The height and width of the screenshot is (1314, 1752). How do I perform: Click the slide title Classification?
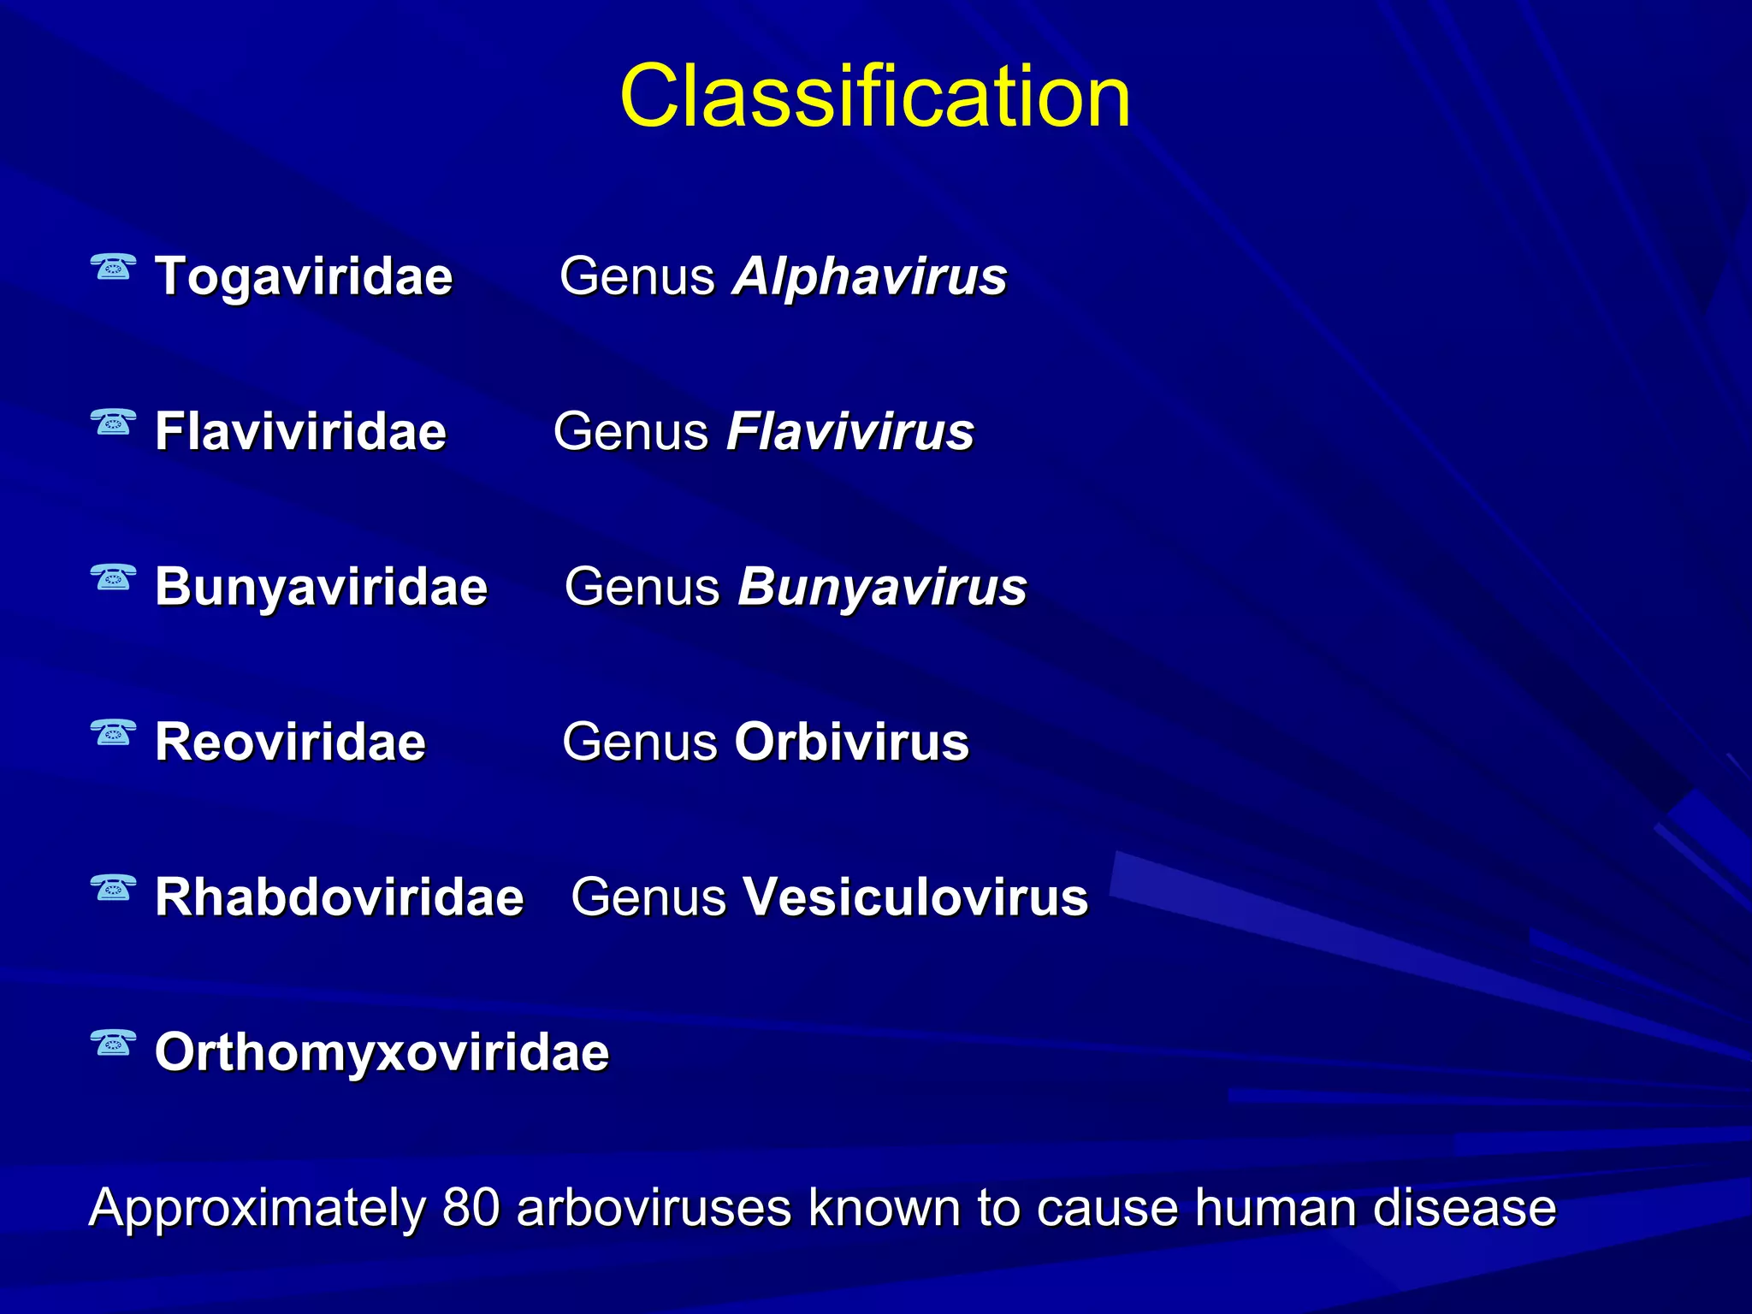click(x=874, y=96)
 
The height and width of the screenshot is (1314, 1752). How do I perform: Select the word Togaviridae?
click(x=304, y=276)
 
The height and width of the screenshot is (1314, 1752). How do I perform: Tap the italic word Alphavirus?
click(x=869, y=276)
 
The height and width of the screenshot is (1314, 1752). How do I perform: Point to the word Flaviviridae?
click(x=300, y=431)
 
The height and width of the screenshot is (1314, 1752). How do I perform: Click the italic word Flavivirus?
click(x=849, y=431)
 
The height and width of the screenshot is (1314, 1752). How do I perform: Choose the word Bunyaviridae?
click(x=321, y=587)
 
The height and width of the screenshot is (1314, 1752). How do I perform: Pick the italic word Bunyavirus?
click(x=882, y=587)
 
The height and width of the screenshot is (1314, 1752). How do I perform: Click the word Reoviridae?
click(x=290, y=742)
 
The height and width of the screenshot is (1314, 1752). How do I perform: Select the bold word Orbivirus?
click(x=851, y=742)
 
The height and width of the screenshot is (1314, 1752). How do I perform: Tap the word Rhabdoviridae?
click(x=339, y=897)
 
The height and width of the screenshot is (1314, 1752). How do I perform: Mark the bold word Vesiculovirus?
click(x=914, y=897)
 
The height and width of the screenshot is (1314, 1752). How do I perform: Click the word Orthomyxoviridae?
click(x=382, y=1052)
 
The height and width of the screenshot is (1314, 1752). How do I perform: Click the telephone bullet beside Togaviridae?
click(x=113, y=268)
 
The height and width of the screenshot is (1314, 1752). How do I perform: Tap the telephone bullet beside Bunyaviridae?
click(x=113, y=578)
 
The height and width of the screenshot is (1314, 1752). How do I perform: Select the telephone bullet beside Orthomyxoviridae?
click(x=113, y=1044)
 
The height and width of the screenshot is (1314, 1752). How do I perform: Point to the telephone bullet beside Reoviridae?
click(x=113, y=733)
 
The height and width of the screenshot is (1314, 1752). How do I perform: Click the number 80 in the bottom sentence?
click(x=471, y=1208)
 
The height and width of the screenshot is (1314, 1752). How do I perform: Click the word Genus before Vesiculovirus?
click(x=648, y=897)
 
